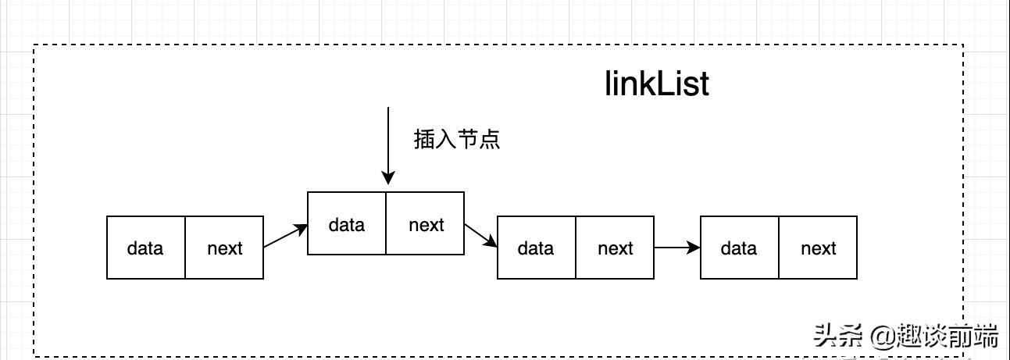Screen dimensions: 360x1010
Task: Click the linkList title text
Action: click(657, 84)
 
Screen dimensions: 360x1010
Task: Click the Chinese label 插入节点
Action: click(456, 140)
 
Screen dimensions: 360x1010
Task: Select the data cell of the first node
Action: click(146, 248)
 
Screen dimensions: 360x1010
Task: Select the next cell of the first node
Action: click(224, 248)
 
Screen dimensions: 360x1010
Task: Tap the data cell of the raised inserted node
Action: click(347, 224)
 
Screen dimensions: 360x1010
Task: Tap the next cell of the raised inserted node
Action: click(426, 224)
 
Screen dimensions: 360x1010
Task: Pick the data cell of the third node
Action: click(537, 248)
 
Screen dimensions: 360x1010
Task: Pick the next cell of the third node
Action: click(615, 248)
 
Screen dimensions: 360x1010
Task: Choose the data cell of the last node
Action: click(739, 248)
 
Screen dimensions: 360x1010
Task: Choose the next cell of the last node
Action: click(818, 248)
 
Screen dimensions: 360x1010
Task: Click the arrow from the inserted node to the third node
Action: click(480, 235)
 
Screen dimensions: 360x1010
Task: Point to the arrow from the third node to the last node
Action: click(676, 248)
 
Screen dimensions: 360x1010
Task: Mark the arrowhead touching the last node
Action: click(694, 248)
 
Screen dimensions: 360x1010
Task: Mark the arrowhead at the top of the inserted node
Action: click(387, 180)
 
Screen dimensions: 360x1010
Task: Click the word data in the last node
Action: click(739, 248)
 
